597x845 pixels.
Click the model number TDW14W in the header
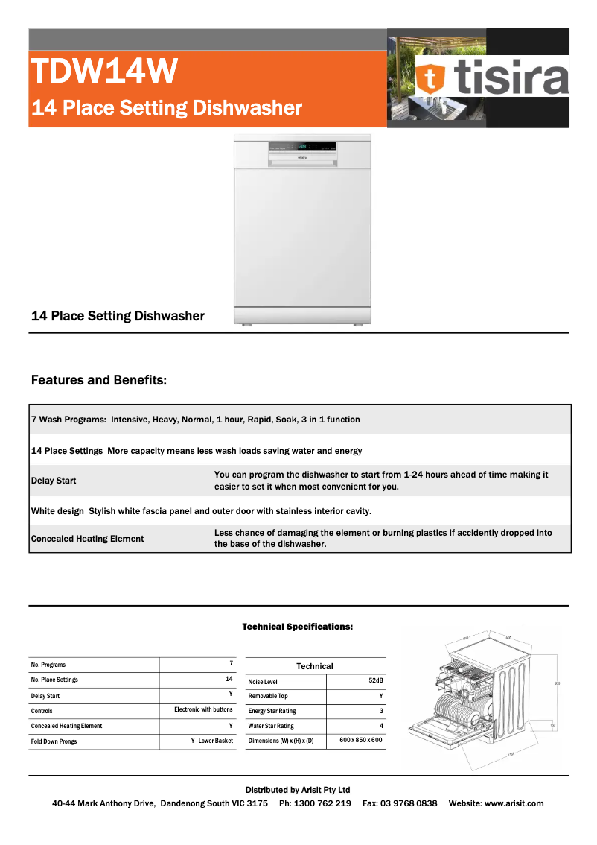[104, 72]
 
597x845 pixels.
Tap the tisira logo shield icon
[430, 79]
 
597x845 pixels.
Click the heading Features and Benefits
[99, 381]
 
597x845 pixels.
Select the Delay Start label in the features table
[54, 481]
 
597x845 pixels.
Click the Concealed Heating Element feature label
[88, 539]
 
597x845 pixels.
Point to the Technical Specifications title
[297, 627]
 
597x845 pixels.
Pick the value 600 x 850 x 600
[360, 740]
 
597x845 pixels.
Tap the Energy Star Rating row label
[272, 711]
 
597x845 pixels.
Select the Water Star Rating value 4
[381, 725]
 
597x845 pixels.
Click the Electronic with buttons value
[203, 710]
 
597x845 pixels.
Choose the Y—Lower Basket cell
[211, 741]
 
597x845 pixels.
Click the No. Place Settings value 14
[229, 679]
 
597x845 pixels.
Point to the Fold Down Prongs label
[54, 741]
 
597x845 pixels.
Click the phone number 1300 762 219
[323, 803]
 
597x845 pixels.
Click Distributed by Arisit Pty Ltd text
[298, 790]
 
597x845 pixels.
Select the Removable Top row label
[268, 696]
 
